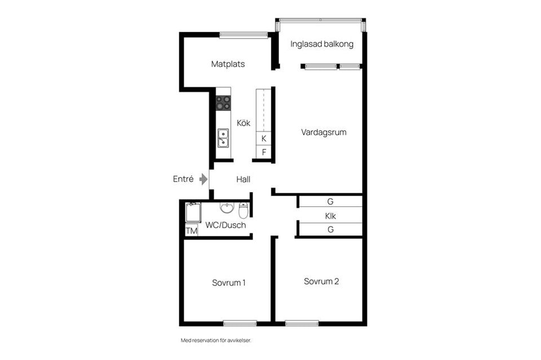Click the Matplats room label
pos(228,64)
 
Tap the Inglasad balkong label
pos(322,44)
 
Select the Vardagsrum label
pos(323,132)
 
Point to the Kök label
pos(243,123)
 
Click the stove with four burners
pos(223,103)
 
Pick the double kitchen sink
pos(223,138)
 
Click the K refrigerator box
pos(264,138)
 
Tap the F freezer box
pos(264,152)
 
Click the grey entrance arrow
pos(203,179)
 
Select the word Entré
pos(183,179)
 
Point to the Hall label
pos(243,179)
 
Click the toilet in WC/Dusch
pos(243,211)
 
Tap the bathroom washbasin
pos(227,208)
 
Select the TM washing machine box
pos(192,230)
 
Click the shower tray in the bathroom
pos(193,213)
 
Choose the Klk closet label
pos(330,216)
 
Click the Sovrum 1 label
pos(229,283)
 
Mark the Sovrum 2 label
pos(321,282)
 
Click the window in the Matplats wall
pos(243,35)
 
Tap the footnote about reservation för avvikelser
pos(216,340)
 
